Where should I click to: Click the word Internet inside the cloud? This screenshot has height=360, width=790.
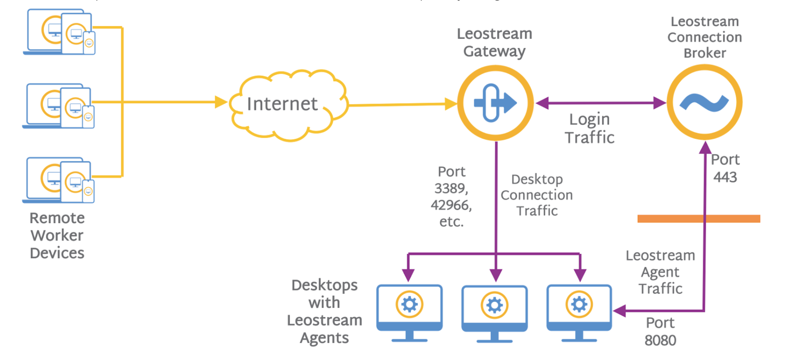[x=282, y=104]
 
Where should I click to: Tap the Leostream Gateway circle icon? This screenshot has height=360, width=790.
[x=495, y=103]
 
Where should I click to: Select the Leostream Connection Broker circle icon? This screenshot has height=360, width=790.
[x=704, y=102]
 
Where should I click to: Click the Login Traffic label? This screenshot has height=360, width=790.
[x=590, y=128]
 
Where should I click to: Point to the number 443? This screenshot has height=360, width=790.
[x=725, y=177]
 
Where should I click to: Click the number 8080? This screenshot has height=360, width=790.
[x=660, y=340]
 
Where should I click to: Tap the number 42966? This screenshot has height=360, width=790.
[x=450, y=205]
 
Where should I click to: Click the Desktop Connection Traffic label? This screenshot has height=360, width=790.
[x=537, y=195]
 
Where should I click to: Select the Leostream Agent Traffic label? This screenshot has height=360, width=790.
[x=660, y=272]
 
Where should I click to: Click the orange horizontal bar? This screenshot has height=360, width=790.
[x=699, y=219]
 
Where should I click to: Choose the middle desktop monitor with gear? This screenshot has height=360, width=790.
[x=494, y=313]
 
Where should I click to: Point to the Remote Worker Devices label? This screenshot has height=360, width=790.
[x=57, y=235]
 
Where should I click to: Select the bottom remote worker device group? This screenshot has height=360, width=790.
[x=58, y=180]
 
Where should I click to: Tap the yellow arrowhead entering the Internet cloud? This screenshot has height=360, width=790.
[x=221, y=102]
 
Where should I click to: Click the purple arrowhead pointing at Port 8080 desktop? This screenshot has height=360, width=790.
[x=619, y=311]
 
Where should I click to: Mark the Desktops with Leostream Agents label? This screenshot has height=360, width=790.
[x=325, y=311]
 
